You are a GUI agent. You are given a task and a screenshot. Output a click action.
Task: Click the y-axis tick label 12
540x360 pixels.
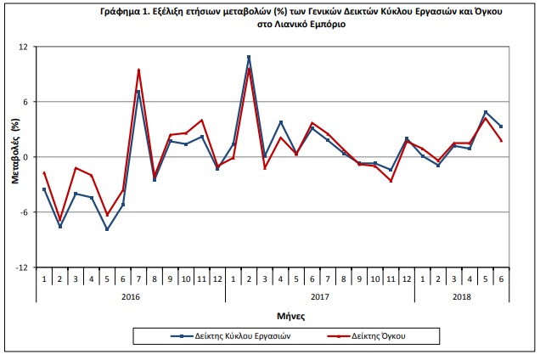coord(23,47)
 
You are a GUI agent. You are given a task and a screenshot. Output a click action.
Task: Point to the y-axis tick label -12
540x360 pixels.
coord(21,267)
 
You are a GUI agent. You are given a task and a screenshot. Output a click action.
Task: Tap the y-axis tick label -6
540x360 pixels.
coord(24,212)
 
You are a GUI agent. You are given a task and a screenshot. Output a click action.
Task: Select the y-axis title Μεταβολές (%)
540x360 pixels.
coord(16,151)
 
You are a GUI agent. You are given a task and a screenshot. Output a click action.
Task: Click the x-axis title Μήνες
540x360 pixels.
coord(291,316)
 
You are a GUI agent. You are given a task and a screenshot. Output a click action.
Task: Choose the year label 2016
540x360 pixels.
coord(131,296)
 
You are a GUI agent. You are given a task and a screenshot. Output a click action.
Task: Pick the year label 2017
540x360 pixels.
coord(320,296)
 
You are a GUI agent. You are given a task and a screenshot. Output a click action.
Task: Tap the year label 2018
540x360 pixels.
coord(462,296)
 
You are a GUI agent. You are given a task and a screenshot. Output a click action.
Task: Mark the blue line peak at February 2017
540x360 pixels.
coord(249,57)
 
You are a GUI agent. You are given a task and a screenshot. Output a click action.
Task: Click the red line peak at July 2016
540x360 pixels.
coord(138,70)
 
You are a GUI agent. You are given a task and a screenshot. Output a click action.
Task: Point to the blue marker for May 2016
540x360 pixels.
coord(107,229)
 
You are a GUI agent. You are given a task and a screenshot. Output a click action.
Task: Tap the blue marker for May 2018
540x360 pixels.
coord(486,112)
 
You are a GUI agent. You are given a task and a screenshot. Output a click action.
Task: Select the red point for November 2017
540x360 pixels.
coord(391,181)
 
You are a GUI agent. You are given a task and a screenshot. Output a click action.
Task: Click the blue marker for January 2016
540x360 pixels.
coord(44,189)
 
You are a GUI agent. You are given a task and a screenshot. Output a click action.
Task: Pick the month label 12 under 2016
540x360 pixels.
coord(217,279)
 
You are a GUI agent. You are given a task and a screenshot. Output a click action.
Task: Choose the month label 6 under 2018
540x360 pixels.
coord(502,279)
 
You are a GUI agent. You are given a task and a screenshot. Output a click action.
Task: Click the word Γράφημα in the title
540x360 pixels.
coord(120,11)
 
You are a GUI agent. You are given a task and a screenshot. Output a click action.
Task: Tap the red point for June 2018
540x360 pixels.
coord(502,140)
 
